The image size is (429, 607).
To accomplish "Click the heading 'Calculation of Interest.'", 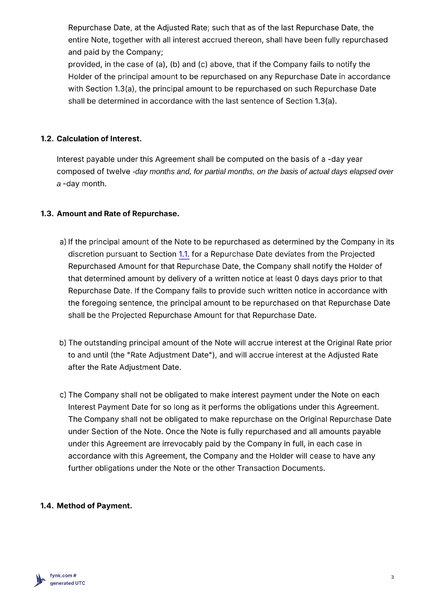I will (x=99, y=139).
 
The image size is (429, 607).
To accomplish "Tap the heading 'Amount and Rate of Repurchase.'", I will (x=118, y=214).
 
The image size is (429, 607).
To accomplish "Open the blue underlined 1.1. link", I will (x=184, y=254).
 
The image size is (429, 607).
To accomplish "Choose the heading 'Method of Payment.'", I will (x=94, y=506).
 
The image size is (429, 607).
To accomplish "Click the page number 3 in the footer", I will (x=392, y=577).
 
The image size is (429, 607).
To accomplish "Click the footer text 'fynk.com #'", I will (x=63, y=576).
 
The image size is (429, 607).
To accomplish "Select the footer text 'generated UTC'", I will (x=68, y=583).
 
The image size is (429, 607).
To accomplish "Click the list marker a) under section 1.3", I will (x=63, y=242).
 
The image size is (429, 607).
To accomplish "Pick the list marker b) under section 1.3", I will (x=63, y=343).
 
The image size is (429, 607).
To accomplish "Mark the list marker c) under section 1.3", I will (x=63, y=395).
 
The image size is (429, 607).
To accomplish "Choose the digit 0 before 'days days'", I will (x=297, y=278).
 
